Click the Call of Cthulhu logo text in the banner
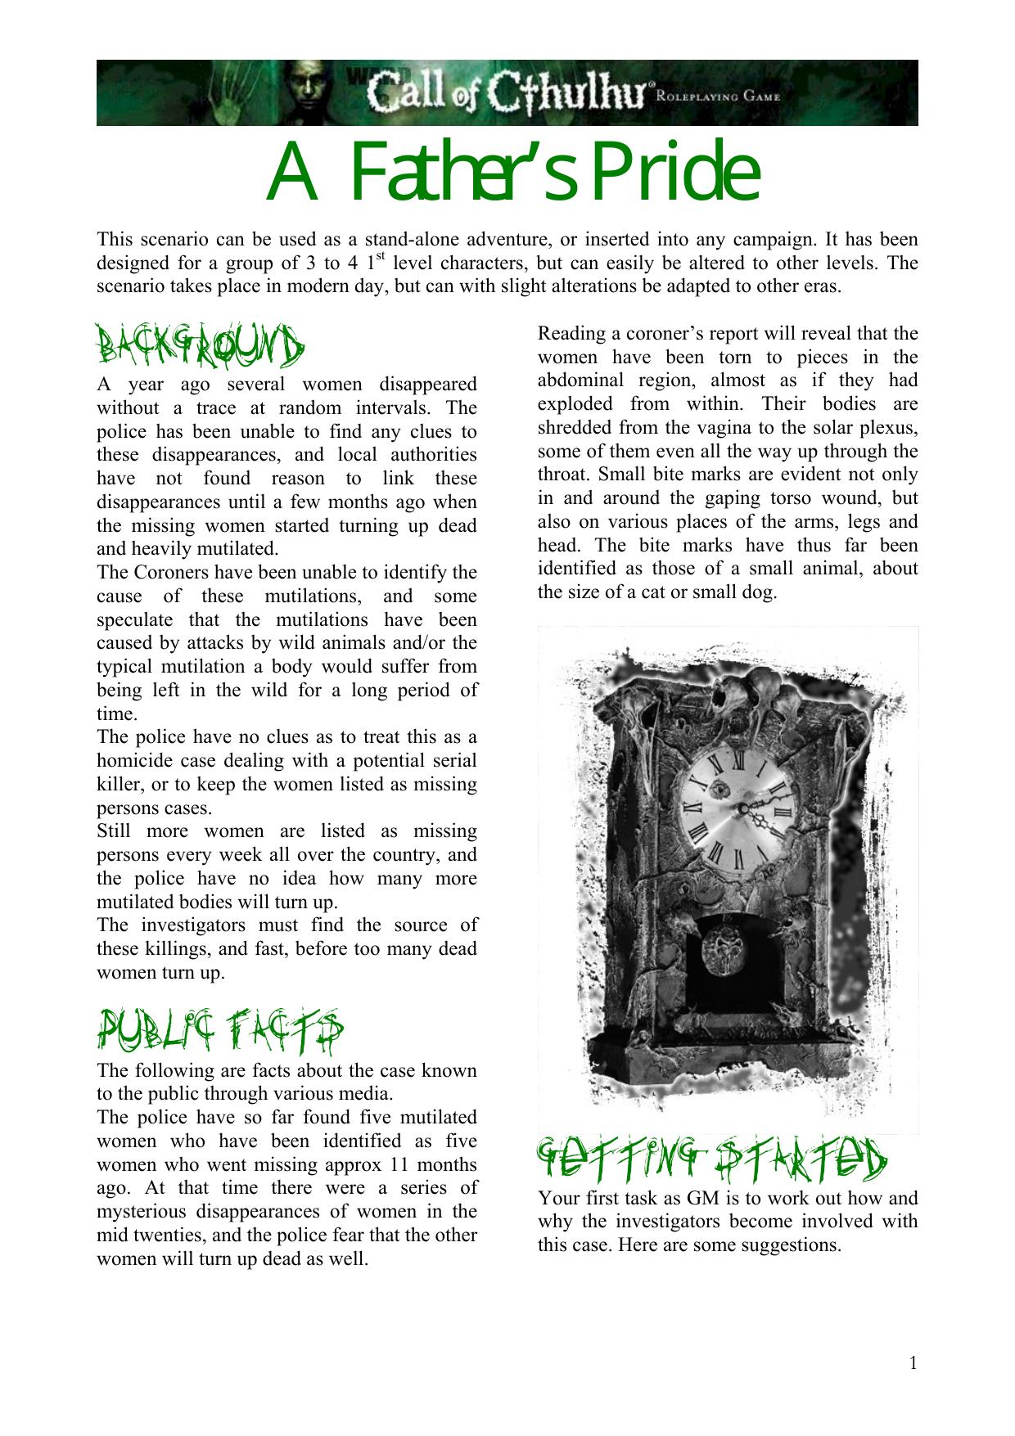[508, 92]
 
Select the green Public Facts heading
[219, 1033]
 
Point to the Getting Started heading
[710, 1160]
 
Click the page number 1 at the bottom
[913, 1362]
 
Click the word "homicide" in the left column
[133, 761]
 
